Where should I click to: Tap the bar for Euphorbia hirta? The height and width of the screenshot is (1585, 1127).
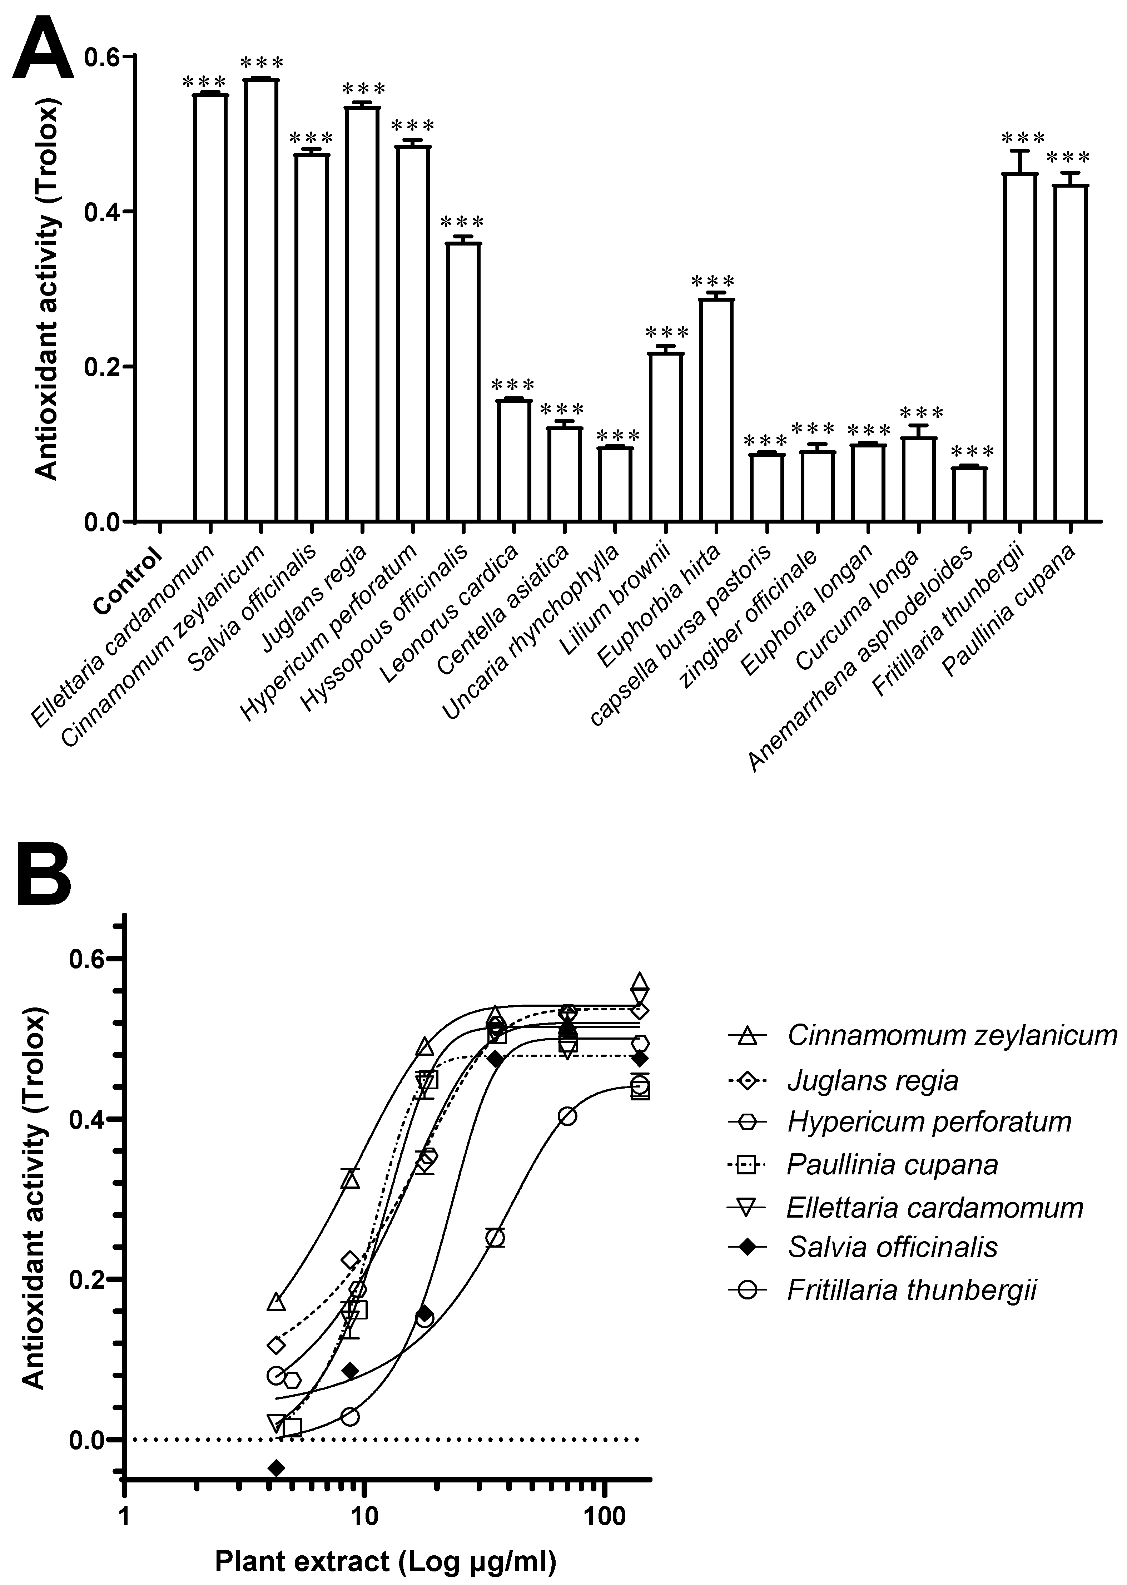[x=716, y=410]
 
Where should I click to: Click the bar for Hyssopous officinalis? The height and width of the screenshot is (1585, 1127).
[x=463, y=382]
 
